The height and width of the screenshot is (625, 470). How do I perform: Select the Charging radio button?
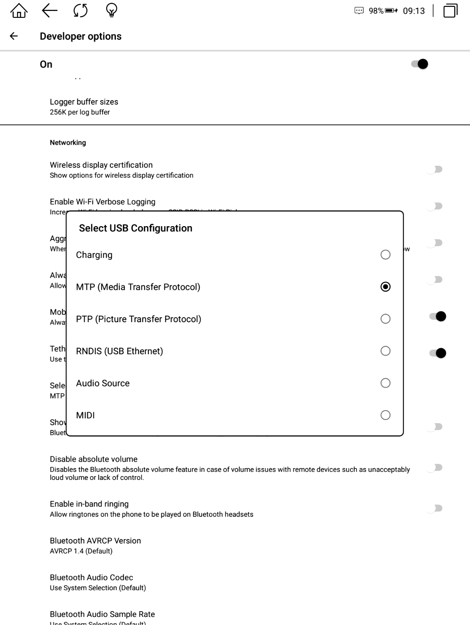point(385,255)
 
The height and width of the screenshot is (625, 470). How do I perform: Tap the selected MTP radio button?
point(385,287)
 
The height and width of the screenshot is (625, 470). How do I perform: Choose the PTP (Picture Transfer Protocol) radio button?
point(385,319)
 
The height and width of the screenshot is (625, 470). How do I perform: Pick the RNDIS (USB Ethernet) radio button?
point(385,351)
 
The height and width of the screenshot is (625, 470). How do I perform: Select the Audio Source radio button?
point(385,383)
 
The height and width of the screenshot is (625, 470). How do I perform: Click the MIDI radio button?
point(385,415)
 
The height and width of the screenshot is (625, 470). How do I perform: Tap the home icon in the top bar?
point(19,11)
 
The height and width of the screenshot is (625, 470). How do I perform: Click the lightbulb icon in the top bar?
point(112,11)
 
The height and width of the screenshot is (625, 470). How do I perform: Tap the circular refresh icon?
point(81,11)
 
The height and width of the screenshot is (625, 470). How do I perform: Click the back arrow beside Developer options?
point(14,36)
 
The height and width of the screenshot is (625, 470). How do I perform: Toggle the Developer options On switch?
point(420,64)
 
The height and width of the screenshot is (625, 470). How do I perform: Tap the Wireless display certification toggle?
point(435,169)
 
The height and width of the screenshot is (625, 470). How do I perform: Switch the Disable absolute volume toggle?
point(435,468)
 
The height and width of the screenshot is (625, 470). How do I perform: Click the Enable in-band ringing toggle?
point(435,508)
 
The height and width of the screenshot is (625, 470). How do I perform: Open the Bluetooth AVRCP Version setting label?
point(95,541)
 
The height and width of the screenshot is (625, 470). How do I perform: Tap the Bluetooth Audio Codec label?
point(91,578)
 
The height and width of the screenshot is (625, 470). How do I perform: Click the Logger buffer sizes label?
point(84,102)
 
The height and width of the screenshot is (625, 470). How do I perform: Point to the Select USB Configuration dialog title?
point(136,228)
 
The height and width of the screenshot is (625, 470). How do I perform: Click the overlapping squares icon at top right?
point(450,11)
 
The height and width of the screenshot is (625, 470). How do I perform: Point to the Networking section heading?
point(68,143)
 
